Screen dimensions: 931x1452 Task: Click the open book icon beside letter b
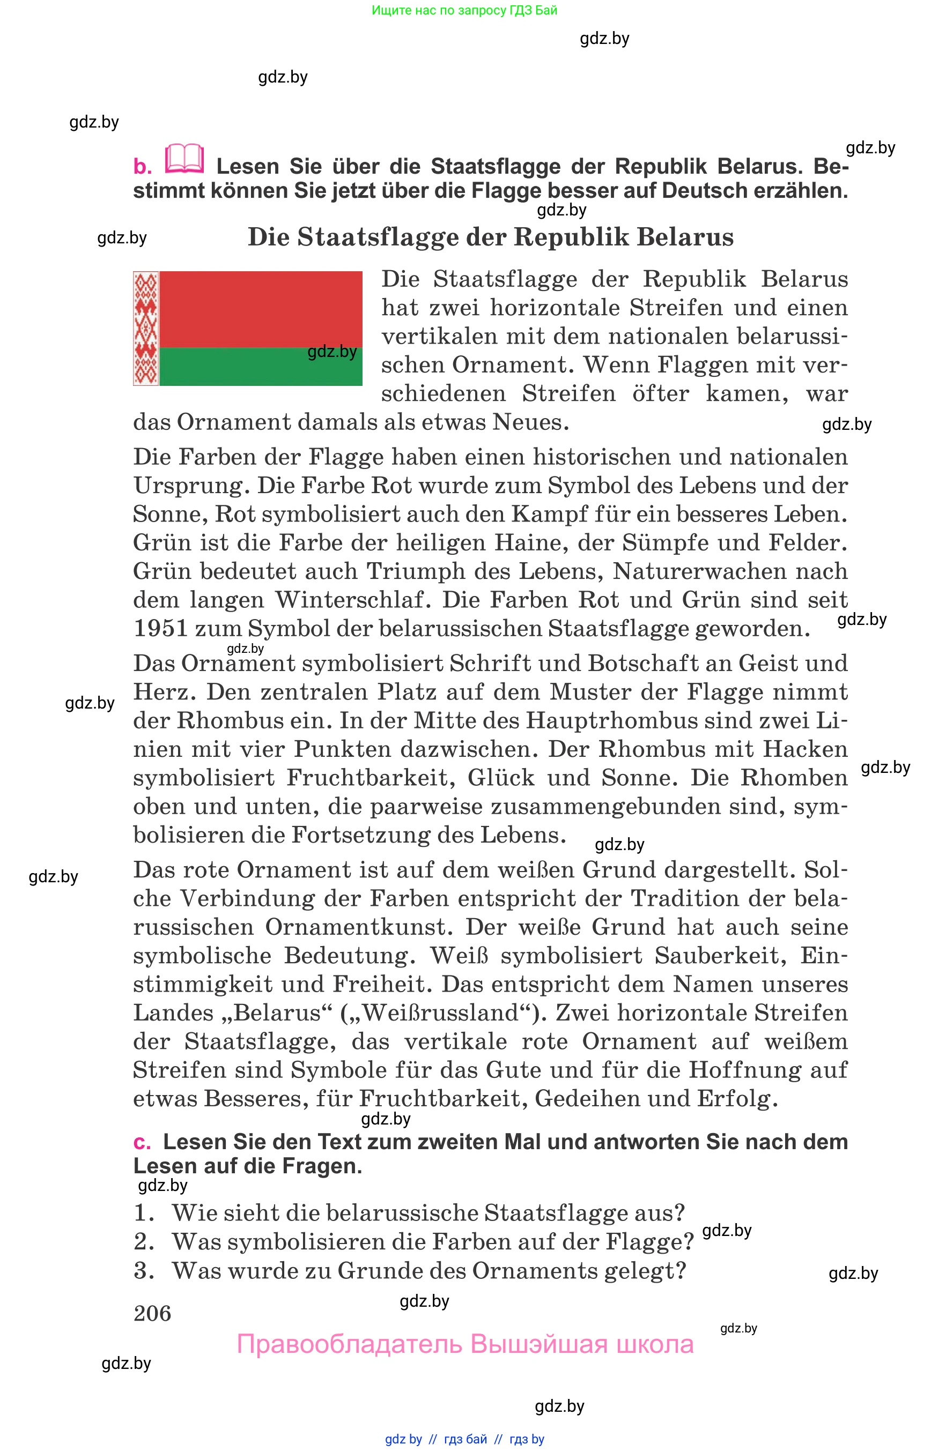[184, 159]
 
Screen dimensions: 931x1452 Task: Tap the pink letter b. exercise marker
[143, 167]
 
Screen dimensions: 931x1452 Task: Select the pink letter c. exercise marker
[142, 1143]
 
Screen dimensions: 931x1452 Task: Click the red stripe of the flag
[260, 309]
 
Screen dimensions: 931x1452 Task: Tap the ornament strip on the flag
[146, 328]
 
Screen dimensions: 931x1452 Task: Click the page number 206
[152, 1313]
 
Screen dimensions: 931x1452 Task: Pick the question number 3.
[143, 1270]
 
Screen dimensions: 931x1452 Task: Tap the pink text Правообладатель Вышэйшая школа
[465, 1344]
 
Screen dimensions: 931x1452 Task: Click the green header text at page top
[464, 10]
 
